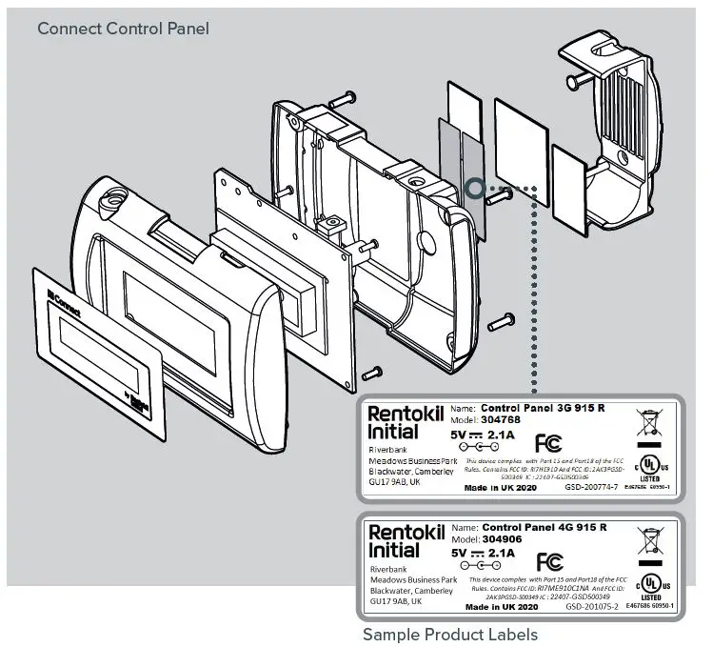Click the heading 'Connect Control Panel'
tap(123, 29)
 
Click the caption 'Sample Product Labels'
tap(450, 635)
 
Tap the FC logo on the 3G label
tap(547, 442)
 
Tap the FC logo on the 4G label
tap(548, 560)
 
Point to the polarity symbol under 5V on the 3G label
tap(475, 447)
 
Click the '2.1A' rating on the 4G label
tap(501, 552)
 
